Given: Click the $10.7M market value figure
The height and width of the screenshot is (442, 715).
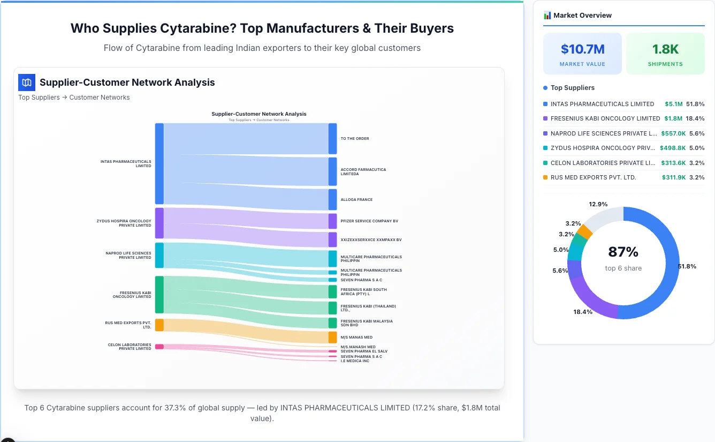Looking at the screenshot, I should pos(582,49).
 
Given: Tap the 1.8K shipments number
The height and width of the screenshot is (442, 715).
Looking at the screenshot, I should pos(665,49).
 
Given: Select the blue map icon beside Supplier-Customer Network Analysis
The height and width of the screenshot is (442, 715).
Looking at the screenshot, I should pos(26,83).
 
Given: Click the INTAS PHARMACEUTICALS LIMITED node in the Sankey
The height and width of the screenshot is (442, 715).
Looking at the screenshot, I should pos(159,163).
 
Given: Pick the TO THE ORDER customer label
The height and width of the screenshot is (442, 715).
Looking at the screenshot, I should pos(355,139).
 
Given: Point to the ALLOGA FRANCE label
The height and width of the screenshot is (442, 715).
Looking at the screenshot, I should pos(356,200).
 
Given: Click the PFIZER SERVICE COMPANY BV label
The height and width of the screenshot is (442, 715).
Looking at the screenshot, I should pos(369,221).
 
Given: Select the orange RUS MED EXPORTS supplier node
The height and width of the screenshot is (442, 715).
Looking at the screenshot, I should pos(159,325).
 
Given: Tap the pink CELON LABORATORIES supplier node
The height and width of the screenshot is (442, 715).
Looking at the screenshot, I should pos(159,347).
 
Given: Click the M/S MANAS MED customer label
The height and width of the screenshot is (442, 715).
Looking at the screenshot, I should pos(356,338).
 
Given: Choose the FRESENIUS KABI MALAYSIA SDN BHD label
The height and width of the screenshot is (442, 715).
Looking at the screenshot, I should pos(367,323).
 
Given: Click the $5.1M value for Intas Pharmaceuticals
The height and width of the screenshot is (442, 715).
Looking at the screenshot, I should pos(673,104).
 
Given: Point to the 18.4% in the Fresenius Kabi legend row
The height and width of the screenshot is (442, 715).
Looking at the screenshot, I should pos(695,118).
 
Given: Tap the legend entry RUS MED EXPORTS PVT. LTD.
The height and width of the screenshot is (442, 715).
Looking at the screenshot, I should pos(593,177).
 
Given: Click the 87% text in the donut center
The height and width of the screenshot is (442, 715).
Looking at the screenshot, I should pos(623,252).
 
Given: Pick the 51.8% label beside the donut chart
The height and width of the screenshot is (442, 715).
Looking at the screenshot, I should pos(687,266).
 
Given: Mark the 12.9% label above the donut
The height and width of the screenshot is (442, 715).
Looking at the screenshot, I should pos(598,204).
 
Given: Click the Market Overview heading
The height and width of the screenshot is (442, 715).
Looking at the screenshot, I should pos(582,16).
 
